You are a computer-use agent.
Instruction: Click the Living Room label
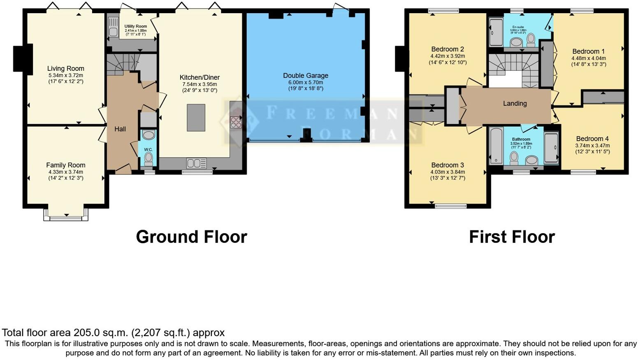[65, 69]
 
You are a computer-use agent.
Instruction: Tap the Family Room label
[65, 165]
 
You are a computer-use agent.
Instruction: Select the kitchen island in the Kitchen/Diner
[196, 118]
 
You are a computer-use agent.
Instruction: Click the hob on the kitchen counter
[236, 122]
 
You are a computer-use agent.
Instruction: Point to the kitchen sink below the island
[197, 164]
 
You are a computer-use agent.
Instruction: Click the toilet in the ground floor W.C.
[148, 159]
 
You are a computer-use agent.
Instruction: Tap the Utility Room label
[136, 26]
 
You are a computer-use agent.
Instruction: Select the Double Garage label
[305, 76]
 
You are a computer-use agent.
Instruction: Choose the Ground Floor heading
[191, 237]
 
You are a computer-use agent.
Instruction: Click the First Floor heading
[512, 237]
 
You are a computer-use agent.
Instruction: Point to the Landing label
[515, 104]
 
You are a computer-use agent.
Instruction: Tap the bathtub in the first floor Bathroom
[496, 146]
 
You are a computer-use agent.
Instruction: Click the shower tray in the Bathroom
[551, 147]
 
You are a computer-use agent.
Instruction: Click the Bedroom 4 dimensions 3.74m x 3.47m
[592, 146]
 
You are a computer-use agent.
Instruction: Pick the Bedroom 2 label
[448, 49]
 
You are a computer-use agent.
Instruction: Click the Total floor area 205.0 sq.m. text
[113, 332]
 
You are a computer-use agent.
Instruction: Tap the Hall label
[120, 129]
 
